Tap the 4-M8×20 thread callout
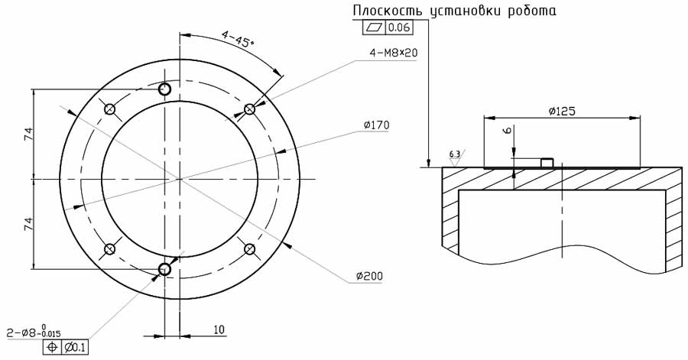[394, 53]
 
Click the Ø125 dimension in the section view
[561, 111]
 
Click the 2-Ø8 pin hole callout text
[34, 332]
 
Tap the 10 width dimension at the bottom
[219, 330]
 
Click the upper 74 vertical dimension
[29, 134]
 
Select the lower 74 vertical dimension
[29, 223]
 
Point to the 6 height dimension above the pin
[507, 131]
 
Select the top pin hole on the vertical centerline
[164, 89]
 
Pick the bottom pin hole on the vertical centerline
[164, 268]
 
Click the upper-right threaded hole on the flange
[249, 109]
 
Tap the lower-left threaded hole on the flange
[109, 248]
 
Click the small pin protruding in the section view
[547, 162]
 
